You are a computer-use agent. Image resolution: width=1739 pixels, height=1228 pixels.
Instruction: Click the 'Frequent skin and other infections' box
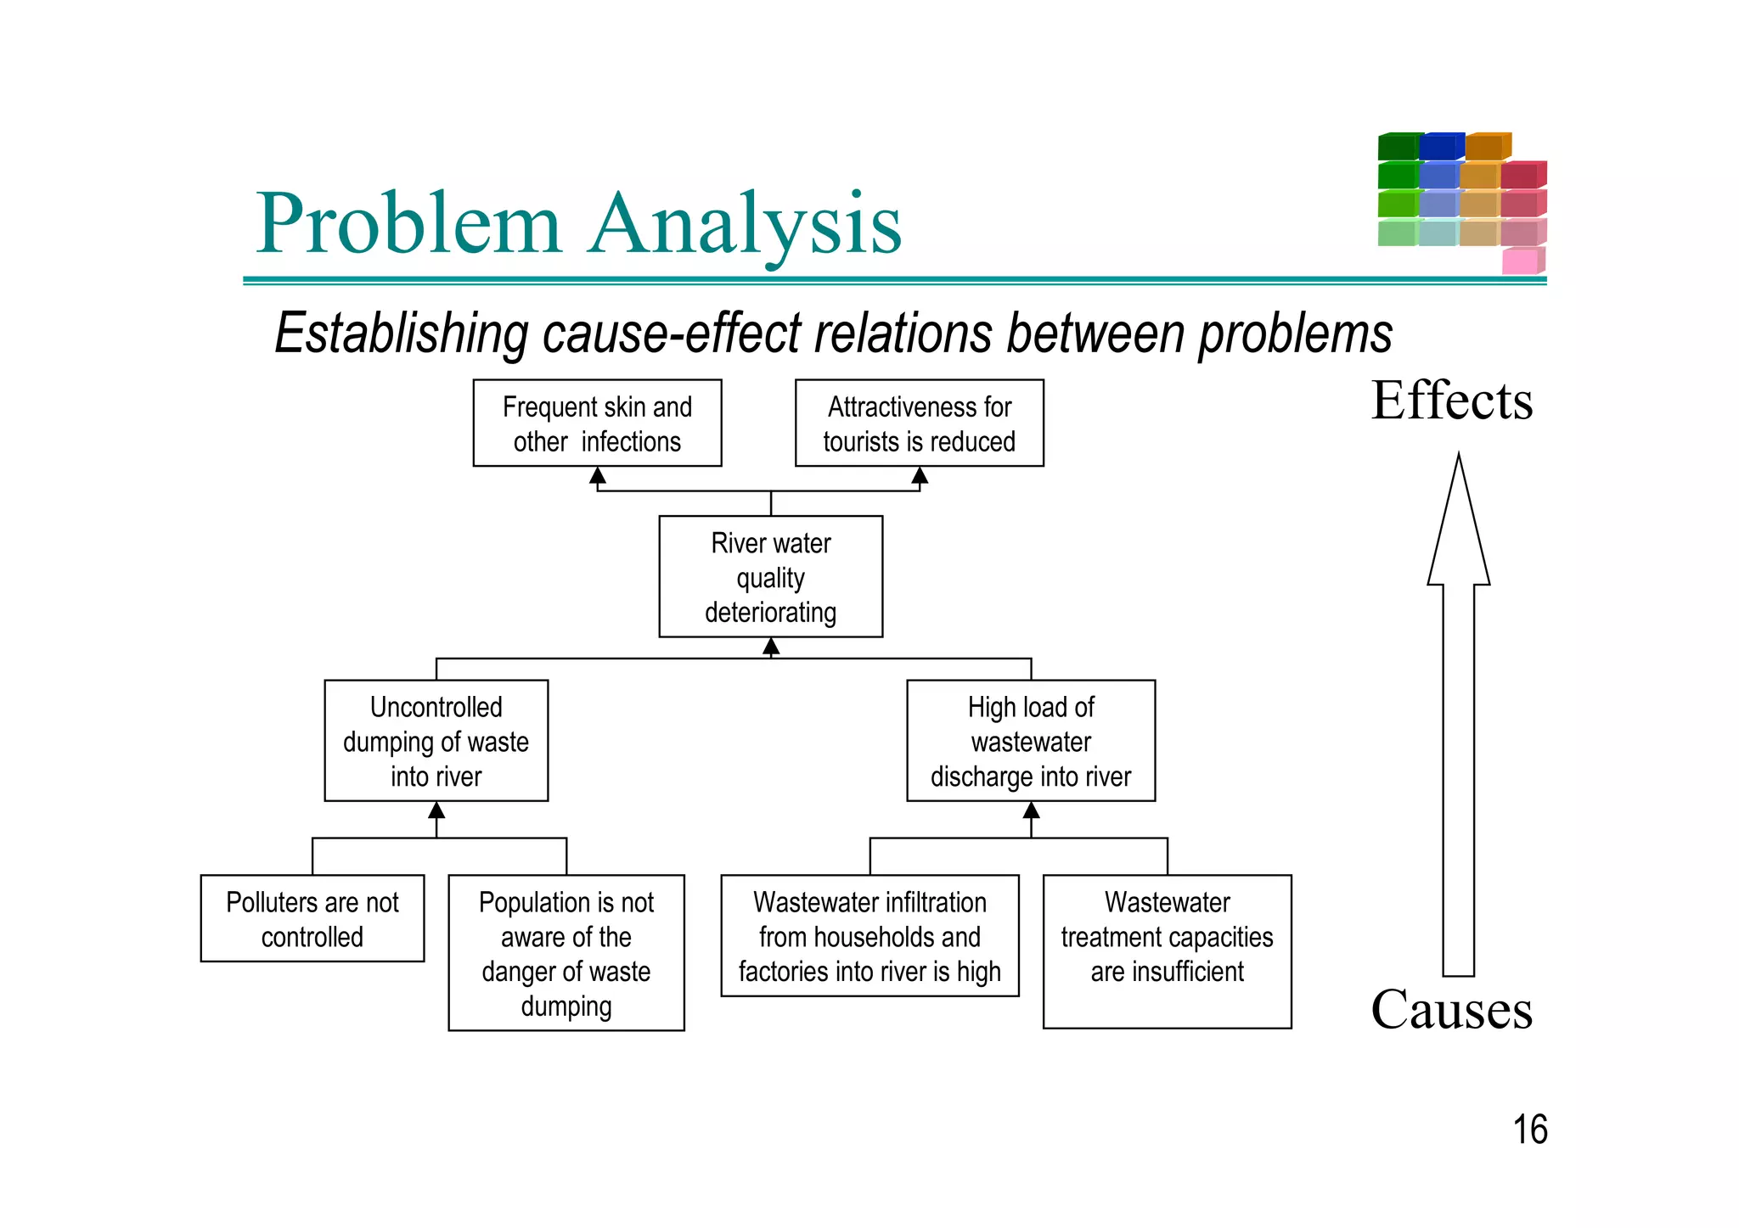coord(597,423)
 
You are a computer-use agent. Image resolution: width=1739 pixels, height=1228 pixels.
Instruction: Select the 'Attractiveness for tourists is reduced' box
coord(919,423)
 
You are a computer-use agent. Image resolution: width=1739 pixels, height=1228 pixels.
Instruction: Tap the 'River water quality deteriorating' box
coord(770,577)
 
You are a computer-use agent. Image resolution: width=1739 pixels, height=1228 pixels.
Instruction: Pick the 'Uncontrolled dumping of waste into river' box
coord(436,741)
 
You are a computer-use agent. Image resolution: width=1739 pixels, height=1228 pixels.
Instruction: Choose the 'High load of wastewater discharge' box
coord(1031,741)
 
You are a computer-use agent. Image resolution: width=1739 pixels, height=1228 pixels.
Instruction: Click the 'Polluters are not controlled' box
coord(312,918)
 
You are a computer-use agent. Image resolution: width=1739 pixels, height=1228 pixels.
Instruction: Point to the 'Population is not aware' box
coord(566,953)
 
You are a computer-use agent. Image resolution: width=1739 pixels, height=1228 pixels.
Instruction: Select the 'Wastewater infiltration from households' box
coord(869,936)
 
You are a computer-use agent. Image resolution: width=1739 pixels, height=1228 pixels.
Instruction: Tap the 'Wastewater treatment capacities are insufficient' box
coord(1167,951)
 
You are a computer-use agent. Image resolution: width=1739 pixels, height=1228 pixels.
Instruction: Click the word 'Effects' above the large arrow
coord(1452,401)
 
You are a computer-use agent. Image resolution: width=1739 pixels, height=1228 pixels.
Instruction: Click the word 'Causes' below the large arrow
coord(1452,1010)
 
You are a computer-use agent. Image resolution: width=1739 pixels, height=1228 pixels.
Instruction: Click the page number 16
coord(1530,1130)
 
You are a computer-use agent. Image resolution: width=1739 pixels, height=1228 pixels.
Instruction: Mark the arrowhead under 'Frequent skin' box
coord(598,476)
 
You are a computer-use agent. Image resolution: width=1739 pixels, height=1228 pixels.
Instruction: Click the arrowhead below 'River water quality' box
coord(771,648)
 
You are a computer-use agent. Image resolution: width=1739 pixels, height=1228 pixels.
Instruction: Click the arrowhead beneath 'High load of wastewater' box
coord(1031,810)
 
